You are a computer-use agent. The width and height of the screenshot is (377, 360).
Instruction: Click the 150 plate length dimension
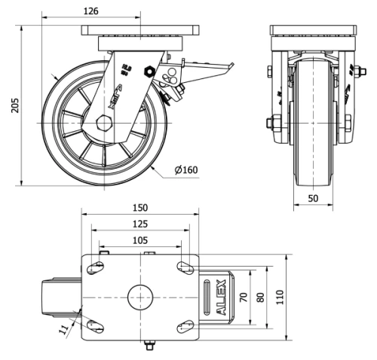[x=140, y=207]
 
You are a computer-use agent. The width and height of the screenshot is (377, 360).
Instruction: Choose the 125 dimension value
[x=140, y=224]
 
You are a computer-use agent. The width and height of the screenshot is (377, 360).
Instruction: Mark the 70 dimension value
[x=243, y=297]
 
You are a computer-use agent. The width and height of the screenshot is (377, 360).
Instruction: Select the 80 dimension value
[x=261, y=297]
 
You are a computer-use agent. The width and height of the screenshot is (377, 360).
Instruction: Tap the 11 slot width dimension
[x=65, y=329]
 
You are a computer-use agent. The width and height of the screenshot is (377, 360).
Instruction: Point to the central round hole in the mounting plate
[x=140, y=297]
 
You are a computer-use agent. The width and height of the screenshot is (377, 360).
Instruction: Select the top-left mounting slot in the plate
[x=97, y=267]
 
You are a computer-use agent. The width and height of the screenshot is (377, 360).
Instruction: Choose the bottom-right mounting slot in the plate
[x=184, y=326]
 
